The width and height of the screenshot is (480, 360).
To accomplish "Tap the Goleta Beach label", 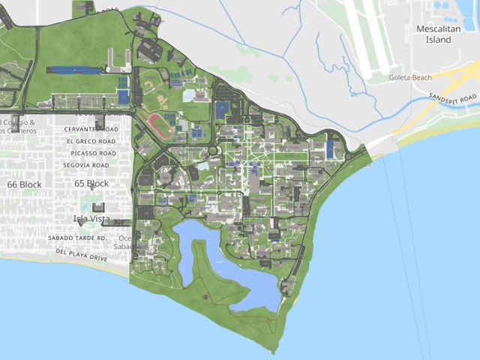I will [x=412, y=77].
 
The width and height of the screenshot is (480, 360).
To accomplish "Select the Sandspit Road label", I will [x=453, y=98].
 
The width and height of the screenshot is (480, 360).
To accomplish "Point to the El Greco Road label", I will [x=90, y=141].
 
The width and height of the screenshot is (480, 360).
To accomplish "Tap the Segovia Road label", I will [x=88, y=165].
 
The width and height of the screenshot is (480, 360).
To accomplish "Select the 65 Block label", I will [x=91, y=184].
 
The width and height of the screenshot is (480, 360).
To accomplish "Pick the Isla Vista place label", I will [x=91, y=219].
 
